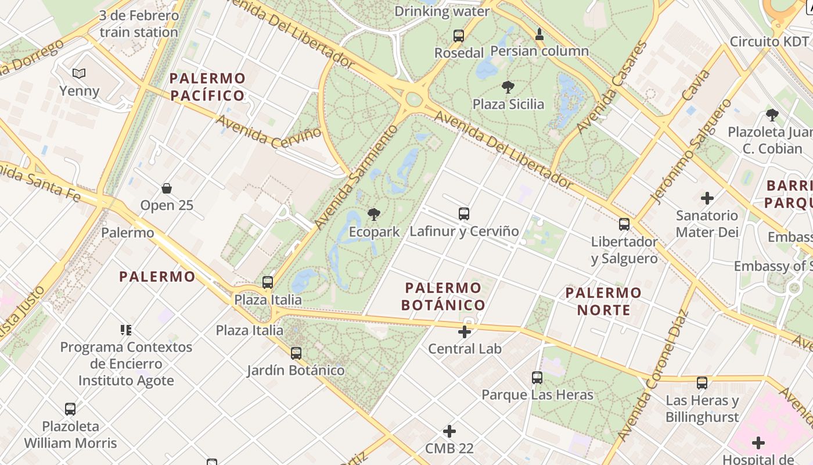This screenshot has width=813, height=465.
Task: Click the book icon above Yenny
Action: click(x=79, y=74)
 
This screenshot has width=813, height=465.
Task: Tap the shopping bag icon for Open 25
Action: click(x=167, y=188)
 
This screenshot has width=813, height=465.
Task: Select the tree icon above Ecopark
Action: click(x=374, y=214)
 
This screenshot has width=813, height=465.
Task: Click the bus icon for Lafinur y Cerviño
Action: click(x=463, y=213)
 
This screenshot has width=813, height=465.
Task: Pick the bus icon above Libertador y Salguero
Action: click(x=624, y=224)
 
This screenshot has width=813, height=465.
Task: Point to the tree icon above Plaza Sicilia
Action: click(x=508, y=87)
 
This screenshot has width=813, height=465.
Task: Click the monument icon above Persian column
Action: click(x=539, y=34)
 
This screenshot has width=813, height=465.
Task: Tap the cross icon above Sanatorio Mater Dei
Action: click(x=707, y=198)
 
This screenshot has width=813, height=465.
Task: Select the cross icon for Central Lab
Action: click(x=465, y=332)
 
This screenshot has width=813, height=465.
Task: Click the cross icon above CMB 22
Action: click(x=449, y=431)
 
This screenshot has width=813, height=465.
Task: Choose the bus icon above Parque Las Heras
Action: click(x=537, y=378)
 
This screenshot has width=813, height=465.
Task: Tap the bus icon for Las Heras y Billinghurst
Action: click(x=702, y=382)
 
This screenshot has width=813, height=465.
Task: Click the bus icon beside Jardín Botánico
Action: click(x=296, y=353)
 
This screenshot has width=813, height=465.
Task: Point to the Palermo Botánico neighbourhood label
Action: click(x=443, y=296)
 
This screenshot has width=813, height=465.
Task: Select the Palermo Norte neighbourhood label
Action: click(x=604, y=301)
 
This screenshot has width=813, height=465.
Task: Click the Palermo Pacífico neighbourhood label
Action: click(x=207, y=87)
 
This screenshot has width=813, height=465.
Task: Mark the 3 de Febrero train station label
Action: click(x=139, y=24)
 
